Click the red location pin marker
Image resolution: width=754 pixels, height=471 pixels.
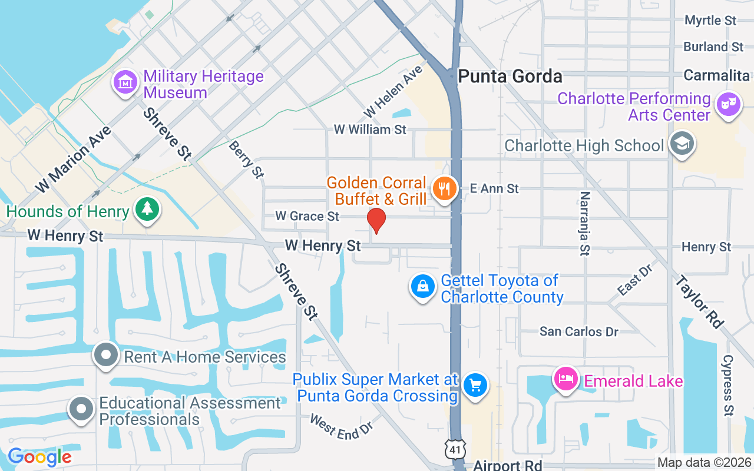tap(376, 221)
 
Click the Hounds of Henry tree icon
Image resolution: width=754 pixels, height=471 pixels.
tap(147, 209)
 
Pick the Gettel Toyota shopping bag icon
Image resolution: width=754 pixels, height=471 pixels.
tap(423, 286)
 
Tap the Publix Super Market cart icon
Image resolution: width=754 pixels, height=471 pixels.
tap(475, 385)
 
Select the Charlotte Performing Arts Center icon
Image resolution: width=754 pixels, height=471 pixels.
tap(728, 104)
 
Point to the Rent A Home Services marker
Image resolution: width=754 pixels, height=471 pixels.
tap(107, 355)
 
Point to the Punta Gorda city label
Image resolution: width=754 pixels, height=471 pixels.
tap(510, 77)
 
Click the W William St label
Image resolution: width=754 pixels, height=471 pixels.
tap(370, 129)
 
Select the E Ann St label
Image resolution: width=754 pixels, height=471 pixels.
tap(494, 188)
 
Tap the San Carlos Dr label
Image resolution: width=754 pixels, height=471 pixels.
tap(579, 332)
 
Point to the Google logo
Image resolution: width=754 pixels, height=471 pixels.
tap(39, 456)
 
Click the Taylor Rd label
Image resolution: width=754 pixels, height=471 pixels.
tap(699, 301)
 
